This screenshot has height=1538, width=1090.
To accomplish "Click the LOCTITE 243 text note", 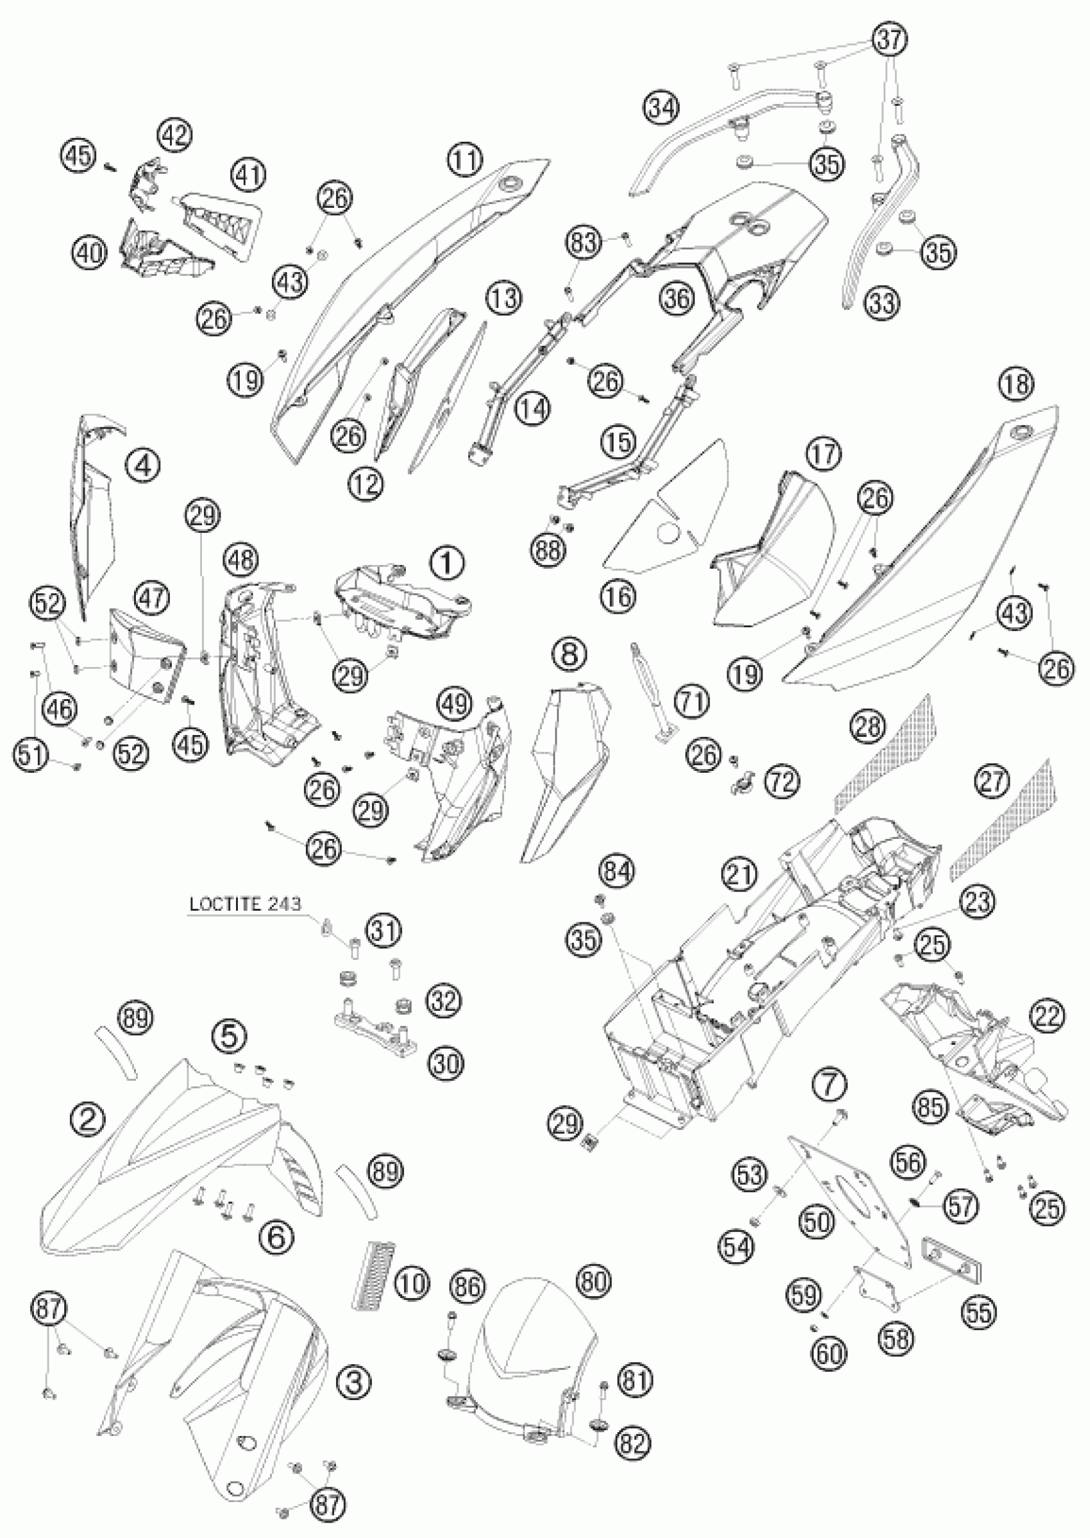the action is (245, 903).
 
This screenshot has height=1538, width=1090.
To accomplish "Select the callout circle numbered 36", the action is (676, 298).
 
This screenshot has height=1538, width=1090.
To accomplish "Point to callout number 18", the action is (1016, 385).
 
